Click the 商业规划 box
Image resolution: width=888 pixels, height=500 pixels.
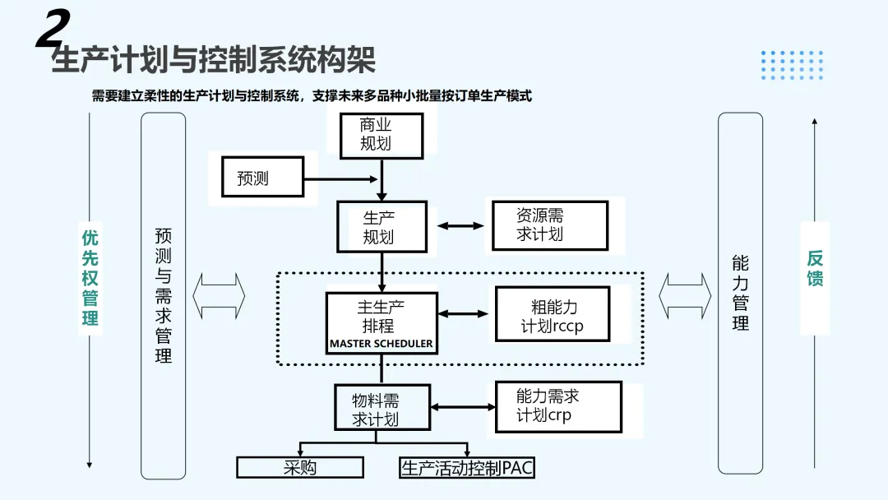(381, 135)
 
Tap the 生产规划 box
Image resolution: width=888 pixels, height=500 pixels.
(382, 227)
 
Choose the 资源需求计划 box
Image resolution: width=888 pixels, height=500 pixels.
(549, 225)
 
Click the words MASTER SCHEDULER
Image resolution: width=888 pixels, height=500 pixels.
(381, 344)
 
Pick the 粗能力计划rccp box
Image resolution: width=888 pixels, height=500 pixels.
(553, 315)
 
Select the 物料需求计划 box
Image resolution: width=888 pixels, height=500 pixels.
(382, 407)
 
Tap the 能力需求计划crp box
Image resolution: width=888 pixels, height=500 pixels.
(558, 406)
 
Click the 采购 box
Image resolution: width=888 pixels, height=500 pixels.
(300, 468)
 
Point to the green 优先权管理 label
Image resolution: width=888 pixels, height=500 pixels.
(90, 278)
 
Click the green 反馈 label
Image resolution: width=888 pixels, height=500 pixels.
(814, 269)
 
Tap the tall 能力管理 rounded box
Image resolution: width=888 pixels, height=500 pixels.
(740, 292)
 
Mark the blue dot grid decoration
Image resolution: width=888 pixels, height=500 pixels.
(792, 64)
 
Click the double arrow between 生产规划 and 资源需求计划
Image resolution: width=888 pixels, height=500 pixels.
(460, 225)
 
